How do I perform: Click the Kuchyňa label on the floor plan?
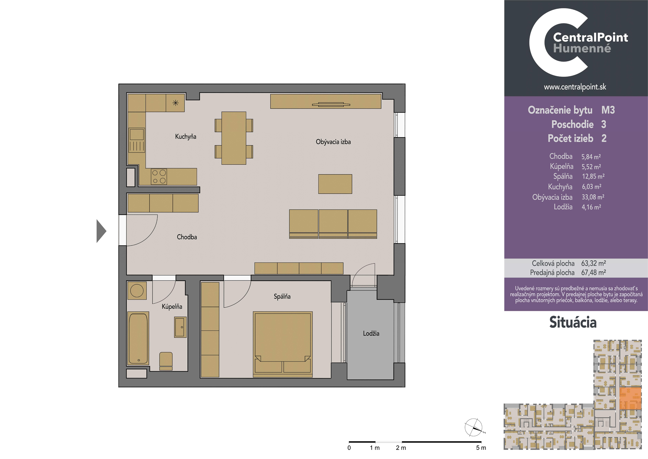pos(185,137)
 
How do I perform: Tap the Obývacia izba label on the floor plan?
pos(333,142)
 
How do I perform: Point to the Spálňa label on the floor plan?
pos(282,297)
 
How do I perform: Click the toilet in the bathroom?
pos(166,361)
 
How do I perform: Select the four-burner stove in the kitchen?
pos(159,177)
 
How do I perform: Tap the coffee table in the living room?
pos(335,184)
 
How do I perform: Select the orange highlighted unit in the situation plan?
pos(630,399)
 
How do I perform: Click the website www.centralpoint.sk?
pos(575,87)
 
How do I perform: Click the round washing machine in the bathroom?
pos(137,291)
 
